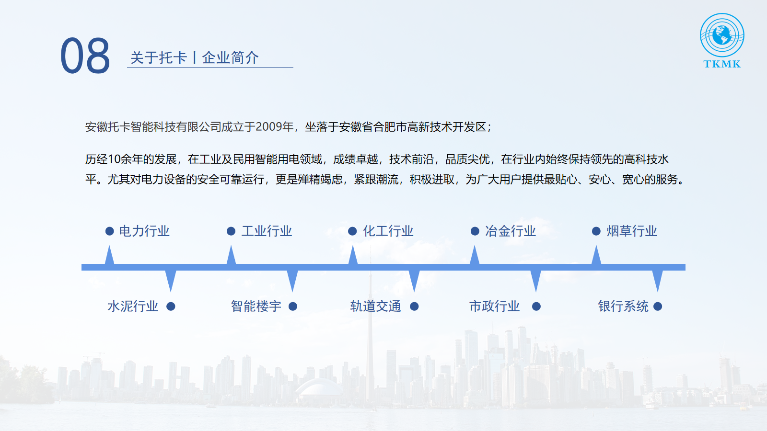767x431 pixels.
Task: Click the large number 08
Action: (85, 56)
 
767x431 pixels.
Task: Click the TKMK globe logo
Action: (722, 40)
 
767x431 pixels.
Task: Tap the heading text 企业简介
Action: (230, 57)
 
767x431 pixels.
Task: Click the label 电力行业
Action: (144, 231)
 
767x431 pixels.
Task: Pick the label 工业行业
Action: (267, 231)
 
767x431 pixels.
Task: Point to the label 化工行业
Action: (388, 231)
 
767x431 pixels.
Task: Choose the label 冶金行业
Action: (510, 231)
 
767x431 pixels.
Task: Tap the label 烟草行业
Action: (632, 231)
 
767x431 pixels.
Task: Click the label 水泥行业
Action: (133, 306)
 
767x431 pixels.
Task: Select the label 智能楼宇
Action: (256, 306)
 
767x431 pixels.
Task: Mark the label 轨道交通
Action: (375, 306)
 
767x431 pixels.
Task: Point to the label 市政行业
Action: (494, 306)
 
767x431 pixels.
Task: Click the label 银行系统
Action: (623, 306)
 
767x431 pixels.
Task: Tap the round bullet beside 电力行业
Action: (110, 231)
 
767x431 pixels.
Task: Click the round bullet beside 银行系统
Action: (657, 306)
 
